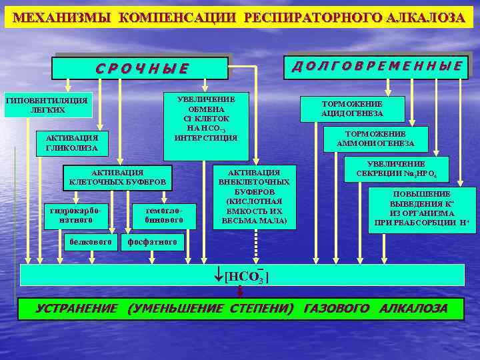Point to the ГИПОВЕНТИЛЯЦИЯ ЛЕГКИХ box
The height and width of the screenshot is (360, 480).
[45, 105]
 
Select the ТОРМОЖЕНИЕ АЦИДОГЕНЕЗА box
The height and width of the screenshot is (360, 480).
[352, 109]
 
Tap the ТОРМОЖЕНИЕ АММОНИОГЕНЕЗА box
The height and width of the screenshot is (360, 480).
[376, 139]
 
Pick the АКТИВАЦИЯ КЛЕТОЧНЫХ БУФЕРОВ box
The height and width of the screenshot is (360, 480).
[117, 177]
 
